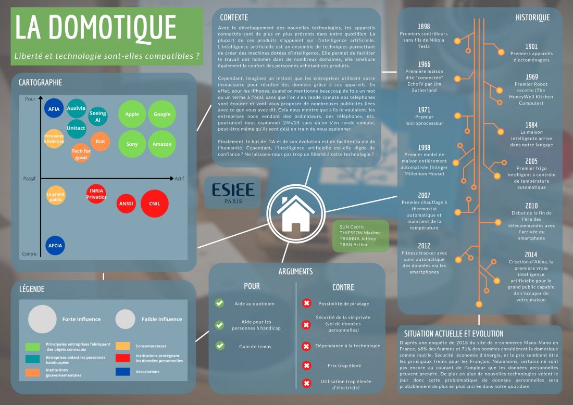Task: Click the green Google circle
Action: click(x=162, y=114)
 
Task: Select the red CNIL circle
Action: click(x=154, y=204)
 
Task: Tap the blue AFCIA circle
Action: click(x=55, y=245)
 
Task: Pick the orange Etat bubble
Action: click(x=100, y=141)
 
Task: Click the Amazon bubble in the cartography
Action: click(x=162, y=144)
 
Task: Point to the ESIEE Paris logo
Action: click(x=233, y=192)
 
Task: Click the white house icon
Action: click(x=294, y=213)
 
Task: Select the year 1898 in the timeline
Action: click(x=424, y=27)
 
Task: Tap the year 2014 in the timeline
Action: click(x=531, y=254)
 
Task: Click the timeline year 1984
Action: click(x=531, y=125)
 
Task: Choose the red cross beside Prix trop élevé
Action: click(x=306, y=365)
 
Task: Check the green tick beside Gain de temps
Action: click(x=219, y=346)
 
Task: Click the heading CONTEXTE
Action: click(x=234, y=17)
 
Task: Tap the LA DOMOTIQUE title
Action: click(x=95, y=28)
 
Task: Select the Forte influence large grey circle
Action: click(x=42, y=319)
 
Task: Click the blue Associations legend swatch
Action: click(x=123, y=372)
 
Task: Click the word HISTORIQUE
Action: click(x=532, y=17)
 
